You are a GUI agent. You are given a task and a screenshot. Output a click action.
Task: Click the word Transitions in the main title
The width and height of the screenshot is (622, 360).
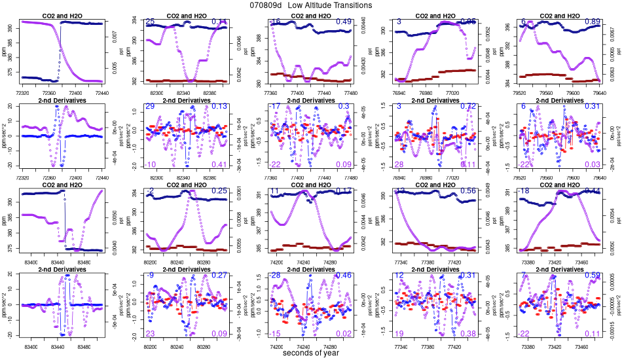(348, 5)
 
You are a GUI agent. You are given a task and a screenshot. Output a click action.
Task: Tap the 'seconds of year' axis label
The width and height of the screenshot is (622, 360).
(311, 353)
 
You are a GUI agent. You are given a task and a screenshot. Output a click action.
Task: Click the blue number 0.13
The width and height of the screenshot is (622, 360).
(219, 107)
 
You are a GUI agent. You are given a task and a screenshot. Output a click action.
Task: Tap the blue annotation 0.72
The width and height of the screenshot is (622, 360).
(468, 107)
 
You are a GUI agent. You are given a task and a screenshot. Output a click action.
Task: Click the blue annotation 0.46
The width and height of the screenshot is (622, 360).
(344, 276)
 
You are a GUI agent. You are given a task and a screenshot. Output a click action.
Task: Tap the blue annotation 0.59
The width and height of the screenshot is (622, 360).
(592, 276)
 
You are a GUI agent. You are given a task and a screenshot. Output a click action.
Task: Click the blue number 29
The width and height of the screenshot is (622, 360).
(150, 107)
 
